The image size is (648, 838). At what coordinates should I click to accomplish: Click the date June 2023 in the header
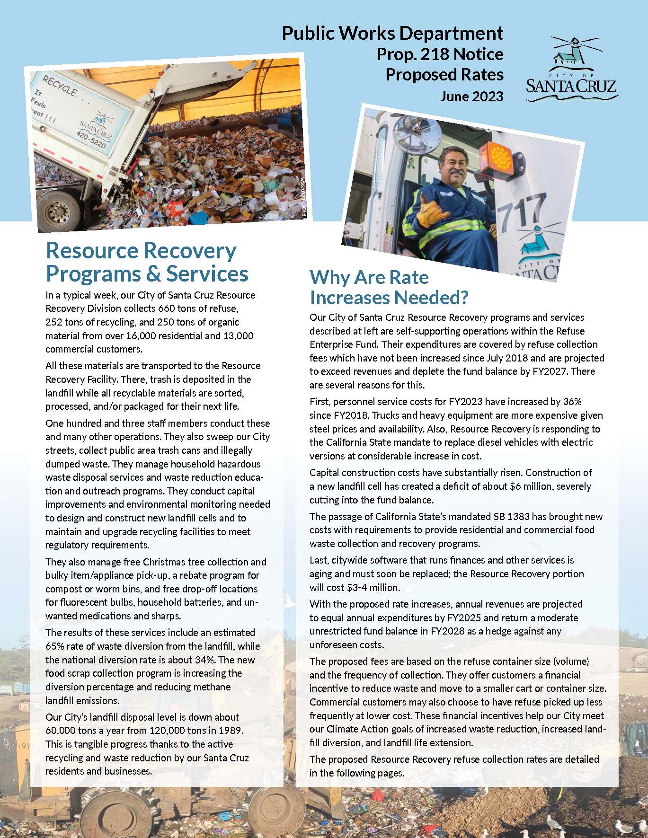coord(471,97)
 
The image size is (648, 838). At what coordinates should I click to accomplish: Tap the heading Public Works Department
coord(392,34)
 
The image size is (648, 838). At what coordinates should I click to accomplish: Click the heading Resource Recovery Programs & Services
coord(147,262)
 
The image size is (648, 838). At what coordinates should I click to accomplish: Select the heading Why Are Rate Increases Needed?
coord(389,287)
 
